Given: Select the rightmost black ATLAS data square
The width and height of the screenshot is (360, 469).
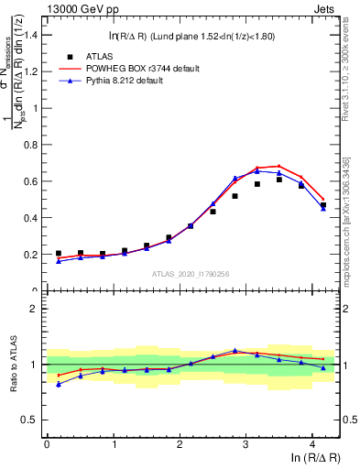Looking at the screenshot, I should click(x=323, y=205).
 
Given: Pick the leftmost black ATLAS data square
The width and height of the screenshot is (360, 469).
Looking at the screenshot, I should click(x=59, y=254).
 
